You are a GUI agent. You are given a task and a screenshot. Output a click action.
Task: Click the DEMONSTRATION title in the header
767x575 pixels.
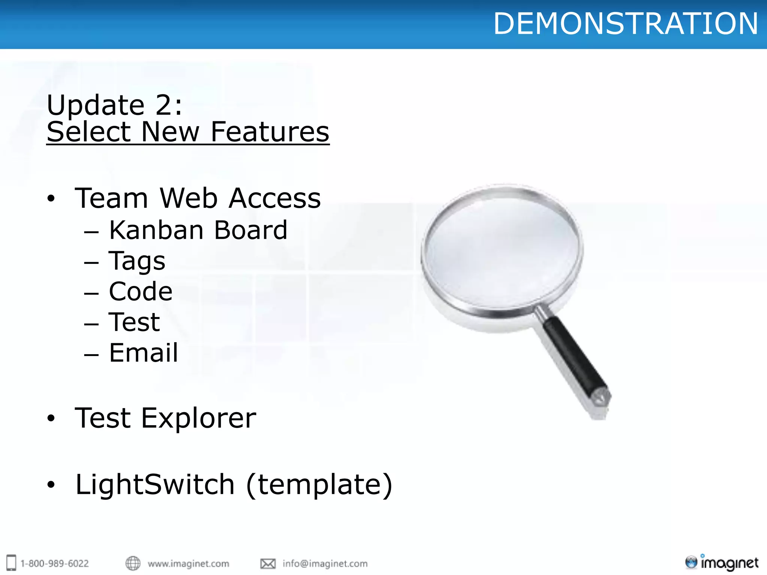pyautogui.click(x=625, y=24)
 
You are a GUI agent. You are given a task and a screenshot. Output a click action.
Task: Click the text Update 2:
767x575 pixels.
pyautogui.click(x=115, y=105)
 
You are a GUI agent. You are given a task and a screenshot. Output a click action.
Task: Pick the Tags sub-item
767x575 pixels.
pyautogui.click(x=137, y=261)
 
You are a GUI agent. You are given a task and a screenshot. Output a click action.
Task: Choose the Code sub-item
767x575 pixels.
pyautogui.click(x=141, y=291)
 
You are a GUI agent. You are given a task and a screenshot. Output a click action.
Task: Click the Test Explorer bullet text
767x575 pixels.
pyautogui.click(x=166, y=418)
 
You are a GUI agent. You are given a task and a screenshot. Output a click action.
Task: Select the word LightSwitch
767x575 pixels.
pyautogui.click(x=155, y=484)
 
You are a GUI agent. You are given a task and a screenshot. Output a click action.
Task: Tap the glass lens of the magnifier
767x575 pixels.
pyautogui.click(x=502, y=249)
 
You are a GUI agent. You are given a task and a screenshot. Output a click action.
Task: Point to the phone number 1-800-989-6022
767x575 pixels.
pyautogui.click(x=55, y=563)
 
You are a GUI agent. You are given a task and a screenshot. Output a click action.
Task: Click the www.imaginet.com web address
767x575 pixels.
pyautogui.click(x=188, y=563)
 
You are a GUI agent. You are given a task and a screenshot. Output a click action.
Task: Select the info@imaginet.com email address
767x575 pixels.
pyautogui.click(x=325, y=563)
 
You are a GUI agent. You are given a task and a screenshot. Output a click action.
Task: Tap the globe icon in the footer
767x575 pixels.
pyautogui.click(x=133, y=563)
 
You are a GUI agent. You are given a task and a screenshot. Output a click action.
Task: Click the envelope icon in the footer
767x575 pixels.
pyautogui.click(x=268, y=563)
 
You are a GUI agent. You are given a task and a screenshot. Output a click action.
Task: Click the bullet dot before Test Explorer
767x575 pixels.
pyautogui.click(x=51, y=418)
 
